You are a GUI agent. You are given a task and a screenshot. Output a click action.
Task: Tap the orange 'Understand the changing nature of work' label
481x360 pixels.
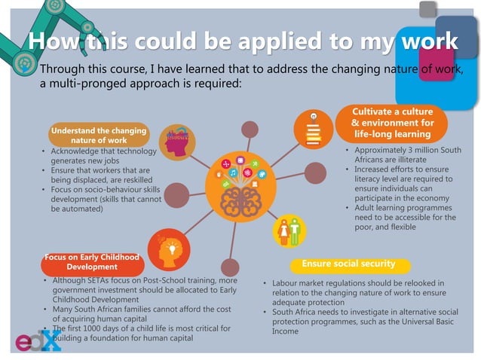[98, 136]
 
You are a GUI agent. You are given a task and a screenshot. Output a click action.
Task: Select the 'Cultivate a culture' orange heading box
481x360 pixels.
[392, 123]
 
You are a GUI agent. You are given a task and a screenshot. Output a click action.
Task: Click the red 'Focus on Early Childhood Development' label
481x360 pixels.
[91, 262]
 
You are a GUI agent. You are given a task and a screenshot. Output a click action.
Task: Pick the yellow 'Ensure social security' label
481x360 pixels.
[348, 264]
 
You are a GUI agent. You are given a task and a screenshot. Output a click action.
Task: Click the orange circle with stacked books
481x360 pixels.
[313, 130]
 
